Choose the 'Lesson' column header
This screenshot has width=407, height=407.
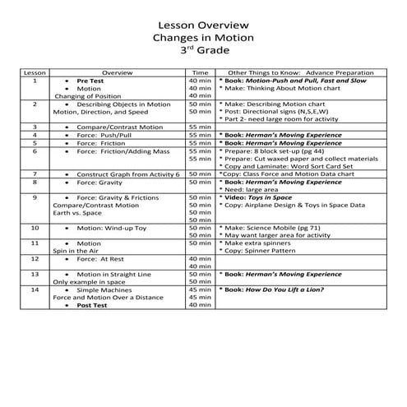pos(34,73)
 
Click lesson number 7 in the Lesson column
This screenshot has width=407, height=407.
pos(34,174)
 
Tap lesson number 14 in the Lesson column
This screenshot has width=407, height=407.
pos(34,289)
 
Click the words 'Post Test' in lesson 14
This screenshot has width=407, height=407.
pos(95,304)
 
